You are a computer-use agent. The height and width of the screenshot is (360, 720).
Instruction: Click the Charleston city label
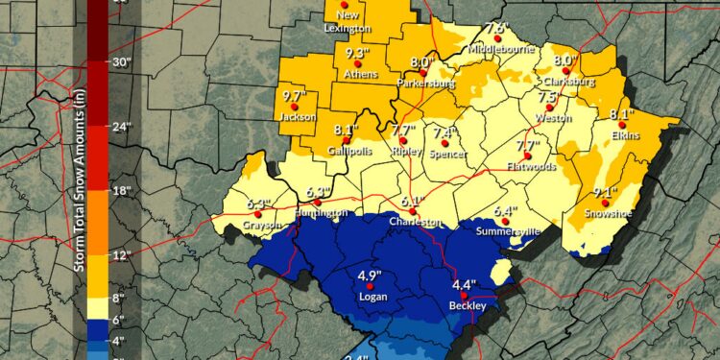tap(414, 221)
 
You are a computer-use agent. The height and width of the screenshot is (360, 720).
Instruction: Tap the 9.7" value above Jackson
tap(294, 97)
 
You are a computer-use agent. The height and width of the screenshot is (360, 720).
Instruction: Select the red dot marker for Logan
tap(366, 286)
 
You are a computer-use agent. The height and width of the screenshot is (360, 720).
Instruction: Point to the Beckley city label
tap(468, 306)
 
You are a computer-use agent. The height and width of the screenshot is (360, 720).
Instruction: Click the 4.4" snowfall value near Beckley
tap(464, 284)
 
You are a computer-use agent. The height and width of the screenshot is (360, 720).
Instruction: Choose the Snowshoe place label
tap(607, 213)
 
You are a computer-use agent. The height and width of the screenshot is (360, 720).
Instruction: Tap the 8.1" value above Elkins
tap(623, 114)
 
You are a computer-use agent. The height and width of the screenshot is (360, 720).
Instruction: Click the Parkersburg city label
tap(427, 84)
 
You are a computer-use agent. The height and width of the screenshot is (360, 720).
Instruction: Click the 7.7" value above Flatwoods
tap(529, 146)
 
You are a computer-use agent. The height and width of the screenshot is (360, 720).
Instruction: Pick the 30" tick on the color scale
tap(122, 62)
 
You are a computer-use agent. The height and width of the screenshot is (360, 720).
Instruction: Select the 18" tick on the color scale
tap(122, 192)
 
